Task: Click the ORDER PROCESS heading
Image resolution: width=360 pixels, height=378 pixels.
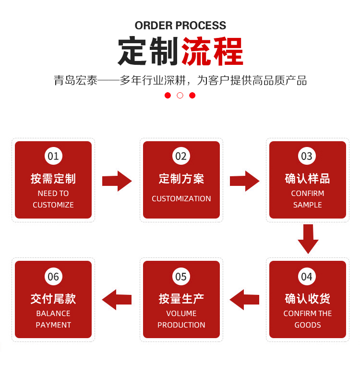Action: [180, 25]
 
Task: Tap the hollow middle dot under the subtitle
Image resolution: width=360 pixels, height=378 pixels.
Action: [180, 95]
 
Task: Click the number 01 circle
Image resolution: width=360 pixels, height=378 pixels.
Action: [53, 156]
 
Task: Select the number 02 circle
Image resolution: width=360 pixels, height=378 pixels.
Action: [181, 156]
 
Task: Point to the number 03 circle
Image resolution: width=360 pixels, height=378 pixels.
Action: [307, 156]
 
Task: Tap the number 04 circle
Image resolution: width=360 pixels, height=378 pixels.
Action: [307, 277]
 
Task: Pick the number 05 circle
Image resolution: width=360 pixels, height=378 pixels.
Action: [181, 277]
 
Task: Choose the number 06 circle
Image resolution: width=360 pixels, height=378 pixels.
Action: [53, 277]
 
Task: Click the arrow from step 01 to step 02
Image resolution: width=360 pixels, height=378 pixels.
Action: [117, 181]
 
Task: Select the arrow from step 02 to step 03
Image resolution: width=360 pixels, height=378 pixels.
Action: [244, 181]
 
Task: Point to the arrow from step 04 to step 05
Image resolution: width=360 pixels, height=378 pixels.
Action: [244, 300]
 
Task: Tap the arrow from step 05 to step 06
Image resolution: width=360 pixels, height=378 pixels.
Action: [117, 300]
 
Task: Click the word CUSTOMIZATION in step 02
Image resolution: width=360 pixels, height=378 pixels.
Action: [181, 199]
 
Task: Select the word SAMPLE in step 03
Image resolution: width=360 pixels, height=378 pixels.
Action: [307, 205]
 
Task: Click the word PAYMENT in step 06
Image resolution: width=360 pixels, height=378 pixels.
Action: [53, 325]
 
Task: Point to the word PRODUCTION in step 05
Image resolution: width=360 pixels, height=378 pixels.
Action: [181, 325]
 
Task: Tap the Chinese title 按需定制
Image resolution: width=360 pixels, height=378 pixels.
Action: [53, 179]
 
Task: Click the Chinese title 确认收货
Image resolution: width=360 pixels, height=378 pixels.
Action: [307, 299]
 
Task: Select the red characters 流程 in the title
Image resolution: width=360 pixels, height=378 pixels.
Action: [212, 51]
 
